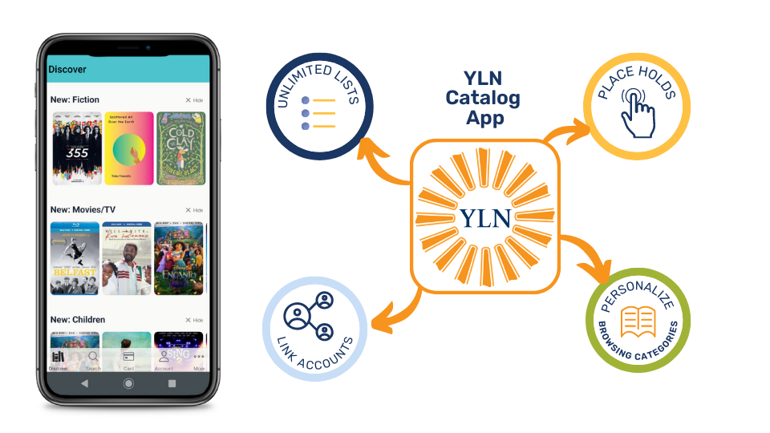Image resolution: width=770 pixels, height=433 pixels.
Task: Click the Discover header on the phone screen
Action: coord(67,70)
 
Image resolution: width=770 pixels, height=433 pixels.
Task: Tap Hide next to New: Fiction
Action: coord(194,100)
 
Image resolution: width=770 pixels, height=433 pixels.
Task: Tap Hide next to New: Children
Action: coord(194,320)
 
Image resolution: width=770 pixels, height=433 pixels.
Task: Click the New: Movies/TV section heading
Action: coord(83,209)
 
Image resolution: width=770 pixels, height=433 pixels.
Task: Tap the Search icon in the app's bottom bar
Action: coord(94,359)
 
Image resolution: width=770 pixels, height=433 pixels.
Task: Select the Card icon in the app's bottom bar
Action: coord(128,358)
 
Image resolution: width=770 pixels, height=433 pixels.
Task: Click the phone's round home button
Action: coord(128,384)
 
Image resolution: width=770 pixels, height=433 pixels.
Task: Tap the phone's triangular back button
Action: coord(85,384)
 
